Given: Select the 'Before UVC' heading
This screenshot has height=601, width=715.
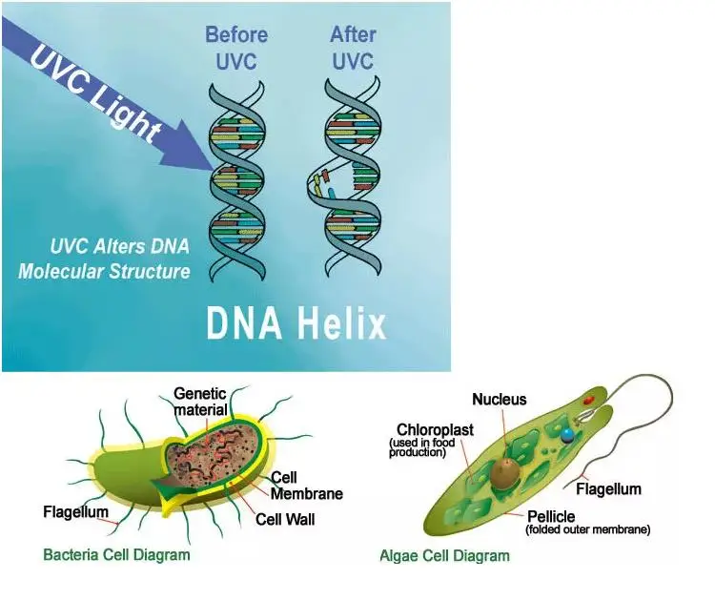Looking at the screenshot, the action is pos(236,48).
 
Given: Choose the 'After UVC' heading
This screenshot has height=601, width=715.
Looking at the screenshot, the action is pos(353,48).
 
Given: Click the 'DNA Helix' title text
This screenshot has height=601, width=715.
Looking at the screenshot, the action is pos(296,323).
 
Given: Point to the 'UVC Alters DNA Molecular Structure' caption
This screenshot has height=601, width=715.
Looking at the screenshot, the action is pos(104,259).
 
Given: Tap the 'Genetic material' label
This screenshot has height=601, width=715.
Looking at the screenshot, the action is pos(200,402).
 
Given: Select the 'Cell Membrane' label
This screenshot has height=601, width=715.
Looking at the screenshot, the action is pos(306,486).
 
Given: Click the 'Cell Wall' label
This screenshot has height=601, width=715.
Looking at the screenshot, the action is pos(285,519).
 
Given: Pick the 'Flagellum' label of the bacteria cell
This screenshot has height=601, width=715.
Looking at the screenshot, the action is pos(75,512).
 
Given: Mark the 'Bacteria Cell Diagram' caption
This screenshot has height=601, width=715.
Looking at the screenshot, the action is pos(116,555).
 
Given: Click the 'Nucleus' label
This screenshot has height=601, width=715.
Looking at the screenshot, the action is pos(500,400).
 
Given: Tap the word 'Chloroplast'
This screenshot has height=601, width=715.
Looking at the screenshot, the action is pos(435,430).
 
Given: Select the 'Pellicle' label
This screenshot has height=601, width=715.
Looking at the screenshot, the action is pos(551,517).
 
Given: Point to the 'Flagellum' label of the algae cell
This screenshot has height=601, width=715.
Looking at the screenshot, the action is pos(608,489).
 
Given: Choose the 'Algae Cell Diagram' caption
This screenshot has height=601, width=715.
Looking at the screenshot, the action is pos(444,556).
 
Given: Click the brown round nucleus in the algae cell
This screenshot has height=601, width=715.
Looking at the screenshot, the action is pos(505,474).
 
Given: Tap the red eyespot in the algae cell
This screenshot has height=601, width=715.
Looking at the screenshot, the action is pos(589,401).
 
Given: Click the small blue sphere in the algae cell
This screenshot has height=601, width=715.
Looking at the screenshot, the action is pos(567,436).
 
